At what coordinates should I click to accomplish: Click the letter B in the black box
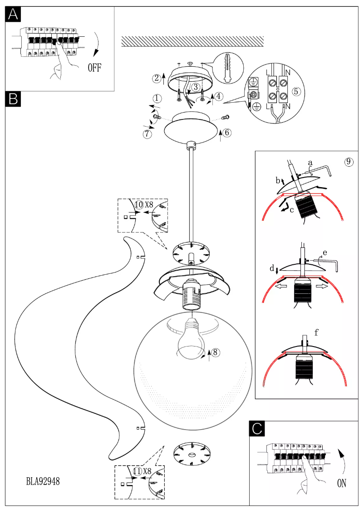[13, 98]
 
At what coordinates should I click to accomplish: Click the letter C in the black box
[257, 429]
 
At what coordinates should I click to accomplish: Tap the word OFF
[94, 68]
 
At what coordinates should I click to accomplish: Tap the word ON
[342, 483]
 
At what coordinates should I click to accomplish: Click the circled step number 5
[296, 91]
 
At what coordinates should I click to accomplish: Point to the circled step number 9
[349, 161]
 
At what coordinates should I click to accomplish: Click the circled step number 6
[227, 132]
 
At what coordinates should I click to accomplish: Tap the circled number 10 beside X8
[138, 204]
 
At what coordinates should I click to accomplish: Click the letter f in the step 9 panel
[316, 332]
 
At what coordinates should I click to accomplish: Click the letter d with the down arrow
[272, 269]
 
